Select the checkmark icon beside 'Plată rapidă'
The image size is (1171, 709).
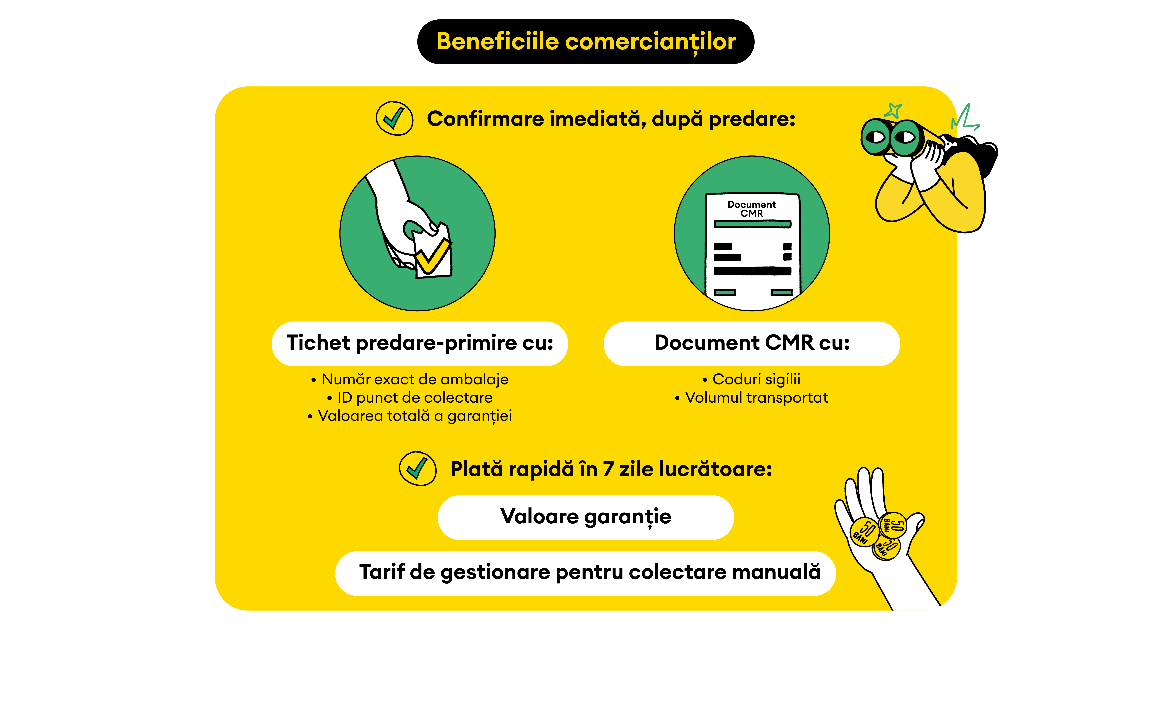417,468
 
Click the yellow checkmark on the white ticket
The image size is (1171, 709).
432,257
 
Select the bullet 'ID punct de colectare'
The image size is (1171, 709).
414,397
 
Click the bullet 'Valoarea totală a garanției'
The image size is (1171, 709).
414,416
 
